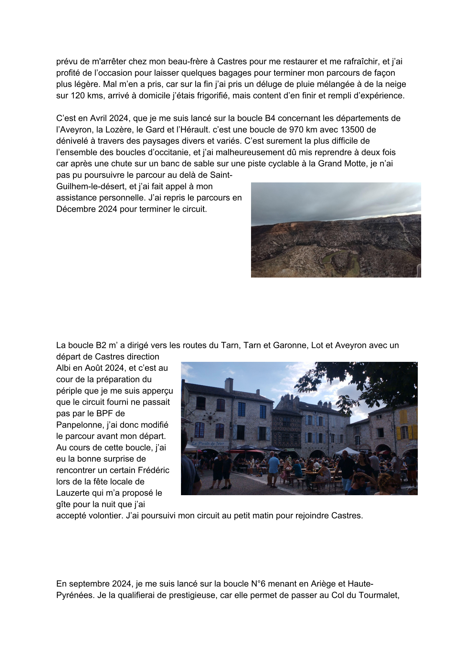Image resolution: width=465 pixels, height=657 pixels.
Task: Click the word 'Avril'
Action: [x=99, y=118]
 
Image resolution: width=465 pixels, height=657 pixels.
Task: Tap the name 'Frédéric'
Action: [x=153, y=470]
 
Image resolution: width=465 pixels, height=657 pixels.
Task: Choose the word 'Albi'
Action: [x=64, y=368]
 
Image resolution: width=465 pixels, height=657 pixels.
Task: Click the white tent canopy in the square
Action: [x=346, y=451]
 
